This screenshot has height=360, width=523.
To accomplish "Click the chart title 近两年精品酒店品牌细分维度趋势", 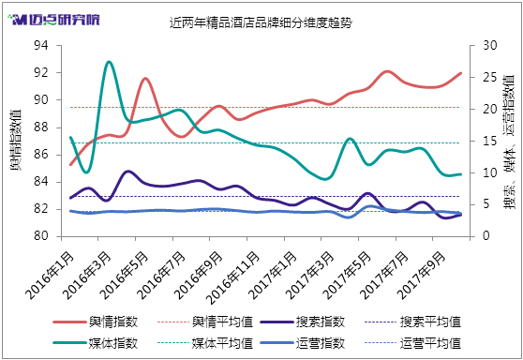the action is coord(261,22).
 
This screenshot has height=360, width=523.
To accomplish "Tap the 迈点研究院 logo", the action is coord(54,20).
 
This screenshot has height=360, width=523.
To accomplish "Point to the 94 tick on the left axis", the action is coord(41,45).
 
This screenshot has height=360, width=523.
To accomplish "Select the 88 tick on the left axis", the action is coord(41,127).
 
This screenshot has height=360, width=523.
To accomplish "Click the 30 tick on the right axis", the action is coord(490,45).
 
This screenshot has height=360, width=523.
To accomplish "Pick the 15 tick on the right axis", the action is coord(490,141).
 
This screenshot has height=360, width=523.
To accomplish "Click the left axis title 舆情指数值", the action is coord(16,140).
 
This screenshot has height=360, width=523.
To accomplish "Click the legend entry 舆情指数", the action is coord(96,322).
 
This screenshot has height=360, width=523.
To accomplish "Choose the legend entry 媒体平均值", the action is coord(205,343).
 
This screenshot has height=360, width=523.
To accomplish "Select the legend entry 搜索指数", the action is coord(303,322).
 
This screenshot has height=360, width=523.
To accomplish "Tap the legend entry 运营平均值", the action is coord(413,343).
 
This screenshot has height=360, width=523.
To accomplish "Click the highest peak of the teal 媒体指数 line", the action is coord(109,62).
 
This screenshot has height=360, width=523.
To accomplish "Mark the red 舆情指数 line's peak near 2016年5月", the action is coord(145,79).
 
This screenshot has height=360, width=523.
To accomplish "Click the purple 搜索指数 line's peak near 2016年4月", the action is coord(128,172).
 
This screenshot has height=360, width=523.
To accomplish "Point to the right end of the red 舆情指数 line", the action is coord(460,73).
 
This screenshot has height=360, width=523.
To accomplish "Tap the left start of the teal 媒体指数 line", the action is coord(70,137).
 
